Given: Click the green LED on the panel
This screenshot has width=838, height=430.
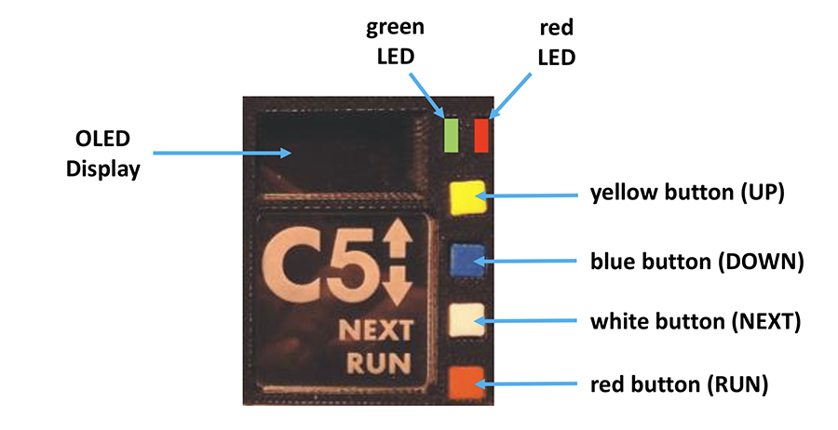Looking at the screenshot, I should point(452,134).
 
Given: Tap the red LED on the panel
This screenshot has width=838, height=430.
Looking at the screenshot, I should point(481,134).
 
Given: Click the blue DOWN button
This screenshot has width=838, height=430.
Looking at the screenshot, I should point(466,258).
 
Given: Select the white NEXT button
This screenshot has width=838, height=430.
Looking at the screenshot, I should point(466,320).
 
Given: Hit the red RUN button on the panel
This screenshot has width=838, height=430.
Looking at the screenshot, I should point(466,383).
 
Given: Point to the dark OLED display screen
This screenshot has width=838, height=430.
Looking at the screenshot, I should point(340,150).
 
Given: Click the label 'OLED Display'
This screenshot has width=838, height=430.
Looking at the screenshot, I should point(102,155).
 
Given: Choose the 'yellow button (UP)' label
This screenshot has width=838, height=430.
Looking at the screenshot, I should point(688,194).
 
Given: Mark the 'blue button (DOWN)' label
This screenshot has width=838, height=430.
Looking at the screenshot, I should point(697,261).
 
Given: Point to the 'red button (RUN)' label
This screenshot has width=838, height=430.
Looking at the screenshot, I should point(679,385).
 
